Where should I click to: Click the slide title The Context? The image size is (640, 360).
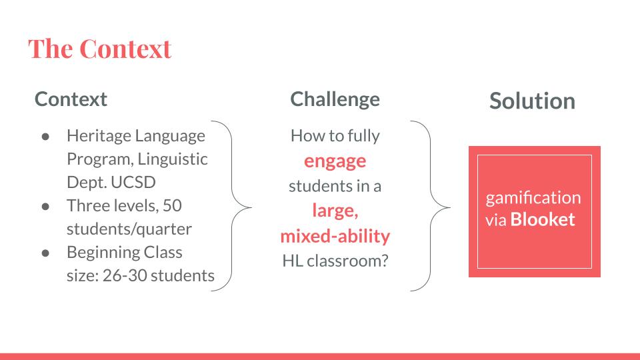(99, 49)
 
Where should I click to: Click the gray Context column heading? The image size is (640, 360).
(71, 99)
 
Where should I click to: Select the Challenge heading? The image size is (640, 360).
(335, 100)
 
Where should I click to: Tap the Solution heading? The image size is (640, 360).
(532, 101)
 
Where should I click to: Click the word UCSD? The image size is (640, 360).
(133, 182)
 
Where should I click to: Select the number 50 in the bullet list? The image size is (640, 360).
(172, 205)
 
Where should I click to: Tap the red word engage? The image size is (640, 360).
(335, 161)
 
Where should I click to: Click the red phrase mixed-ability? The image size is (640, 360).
(335, 236)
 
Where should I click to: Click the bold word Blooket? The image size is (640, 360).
(543, 219)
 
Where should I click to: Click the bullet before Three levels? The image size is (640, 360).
(45, 207)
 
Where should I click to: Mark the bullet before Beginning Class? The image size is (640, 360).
(45, 253)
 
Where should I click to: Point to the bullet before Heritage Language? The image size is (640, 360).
(45, 137)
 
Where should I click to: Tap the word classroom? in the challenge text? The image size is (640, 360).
(347, 261)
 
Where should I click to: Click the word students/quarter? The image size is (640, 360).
(129, 229)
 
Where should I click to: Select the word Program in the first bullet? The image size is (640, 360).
(101, 159)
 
